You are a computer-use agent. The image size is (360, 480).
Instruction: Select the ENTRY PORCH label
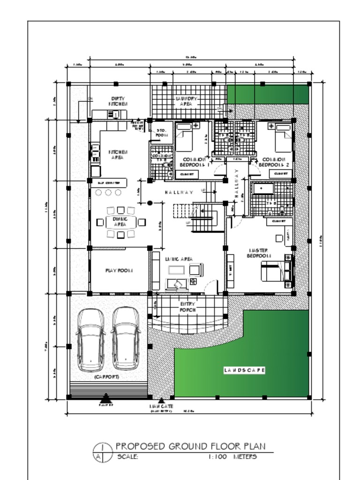point(187,307)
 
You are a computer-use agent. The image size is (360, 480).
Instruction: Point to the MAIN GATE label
point(161,406)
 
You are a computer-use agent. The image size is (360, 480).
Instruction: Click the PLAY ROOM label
point(119,270)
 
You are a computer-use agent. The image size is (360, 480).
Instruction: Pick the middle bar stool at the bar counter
point(108,193)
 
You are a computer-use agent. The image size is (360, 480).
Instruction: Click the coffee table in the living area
point(176,270)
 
